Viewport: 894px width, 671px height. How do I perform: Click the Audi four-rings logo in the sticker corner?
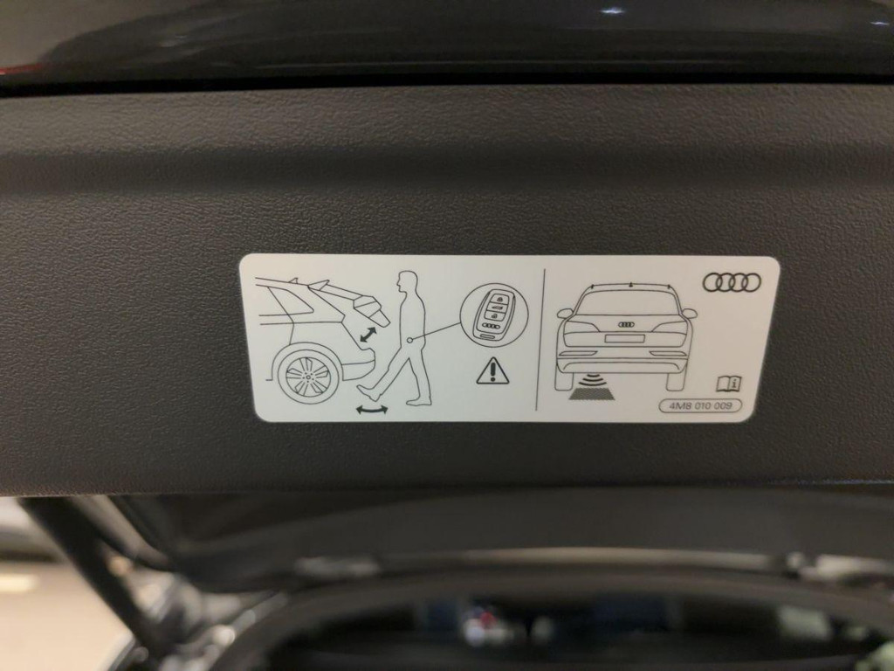732,282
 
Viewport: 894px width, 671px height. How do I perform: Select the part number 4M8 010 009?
700,405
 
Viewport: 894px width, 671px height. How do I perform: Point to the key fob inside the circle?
493,314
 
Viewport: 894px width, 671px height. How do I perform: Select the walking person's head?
406,281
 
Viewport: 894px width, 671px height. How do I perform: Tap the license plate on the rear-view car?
624,338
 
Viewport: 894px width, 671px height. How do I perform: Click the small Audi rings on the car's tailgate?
626,324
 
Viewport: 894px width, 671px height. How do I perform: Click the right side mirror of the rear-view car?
690,313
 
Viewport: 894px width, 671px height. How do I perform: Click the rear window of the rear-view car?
626,303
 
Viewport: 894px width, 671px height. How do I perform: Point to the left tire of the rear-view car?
565,378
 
